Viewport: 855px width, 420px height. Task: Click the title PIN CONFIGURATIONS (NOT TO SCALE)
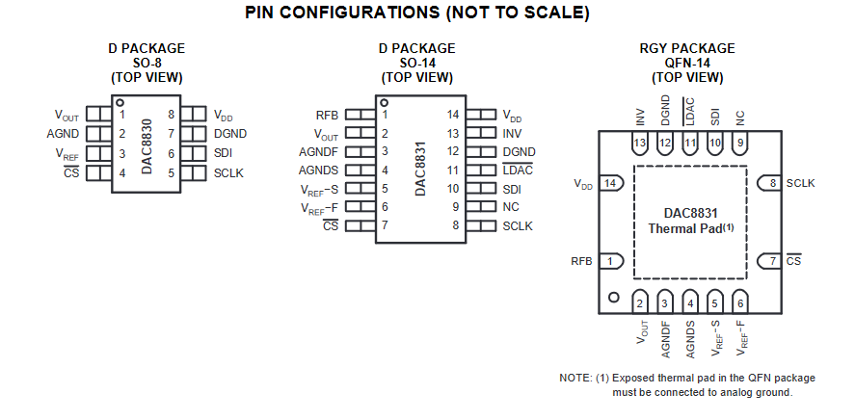[416, 13]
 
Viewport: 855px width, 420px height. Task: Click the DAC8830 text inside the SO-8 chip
[147, 144]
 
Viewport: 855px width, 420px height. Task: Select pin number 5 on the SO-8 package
[171, 173]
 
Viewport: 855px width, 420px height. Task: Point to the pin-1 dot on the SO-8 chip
[120, 101]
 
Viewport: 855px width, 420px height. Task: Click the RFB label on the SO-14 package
[327, 115]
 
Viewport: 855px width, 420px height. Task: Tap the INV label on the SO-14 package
[512, 133]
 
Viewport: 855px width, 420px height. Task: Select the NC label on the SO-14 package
[511, 207]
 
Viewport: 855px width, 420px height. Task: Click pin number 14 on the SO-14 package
[453, 115]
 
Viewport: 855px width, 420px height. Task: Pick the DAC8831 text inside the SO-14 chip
[421, 171]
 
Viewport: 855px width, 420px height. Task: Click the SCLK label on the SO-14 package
[518, 226]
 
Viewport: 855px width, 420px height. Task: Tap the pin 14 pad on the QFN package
[609, 183]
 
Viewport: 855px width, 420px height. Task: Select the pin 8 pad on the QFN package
[772, 183]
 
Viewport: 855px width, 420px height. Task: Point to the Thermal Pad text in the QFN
[690, 229]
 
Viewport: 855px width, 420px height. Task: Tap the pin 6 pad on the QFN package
[739, 302]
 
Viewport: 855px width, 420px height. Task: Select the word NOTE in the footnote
[574, 379]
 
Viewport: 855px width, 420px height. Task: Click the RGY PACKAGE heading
[686, 48]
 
